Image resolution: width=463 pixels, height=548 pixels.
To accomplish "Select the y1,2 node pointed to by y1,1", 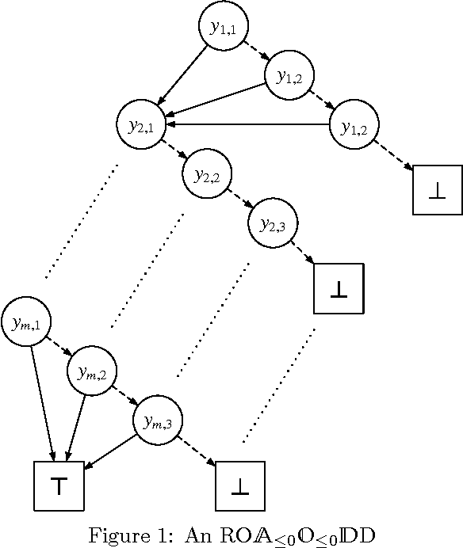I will [x=289, y=76].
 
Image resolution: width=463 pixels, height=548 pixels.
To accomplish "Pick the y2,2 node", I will [x=208, y=174].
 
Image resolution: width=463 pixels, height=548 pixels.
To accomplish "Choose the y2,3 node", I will [x=274, y=224].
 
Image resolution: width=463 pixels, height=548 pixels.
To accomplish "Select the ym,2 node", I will [x=93, y=372].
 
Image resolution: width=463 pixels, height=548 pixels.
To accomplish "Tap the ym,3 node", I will [x=158, y=422].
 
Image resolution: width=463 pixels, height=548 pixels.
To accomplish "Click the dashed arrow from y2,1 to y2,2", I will [x=175, y=150].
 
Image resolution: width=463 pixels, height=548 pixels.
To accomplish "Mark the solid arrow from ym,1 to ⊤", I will [x=42, y=400].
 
